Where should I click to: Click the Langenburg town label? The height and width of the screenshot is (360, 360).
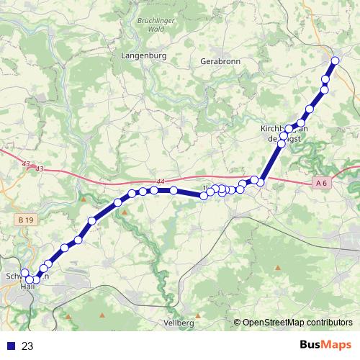pos(144,55)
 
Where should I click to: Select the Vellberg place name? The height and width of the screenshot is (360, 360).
pos(179,323)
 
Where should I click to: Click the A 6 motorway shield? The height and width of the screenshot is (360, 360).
pos(321,184)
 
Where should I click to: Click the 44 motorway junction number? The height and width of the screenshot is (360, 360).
pos(161,182)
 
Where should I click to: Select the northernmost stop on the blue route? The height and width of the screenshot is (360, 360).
pos(335,60)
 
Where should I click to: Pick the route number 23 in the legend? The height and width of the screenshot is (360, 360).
pos(27,346)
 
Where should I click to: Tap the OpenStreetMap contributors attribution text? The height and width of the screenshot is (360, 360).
pos(297,323)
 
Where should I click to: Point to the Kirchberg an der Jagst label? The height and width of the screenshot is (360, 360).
pos(284,133)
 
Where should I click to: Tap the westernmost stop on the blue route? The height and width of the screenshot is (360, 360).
pos(24,273)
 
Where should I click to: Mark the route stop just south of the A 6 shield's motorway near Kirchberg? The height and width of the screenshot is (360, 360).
pos(261,183)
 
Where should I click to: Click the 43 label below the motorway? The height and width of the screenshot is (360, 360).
pos(40,169)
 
